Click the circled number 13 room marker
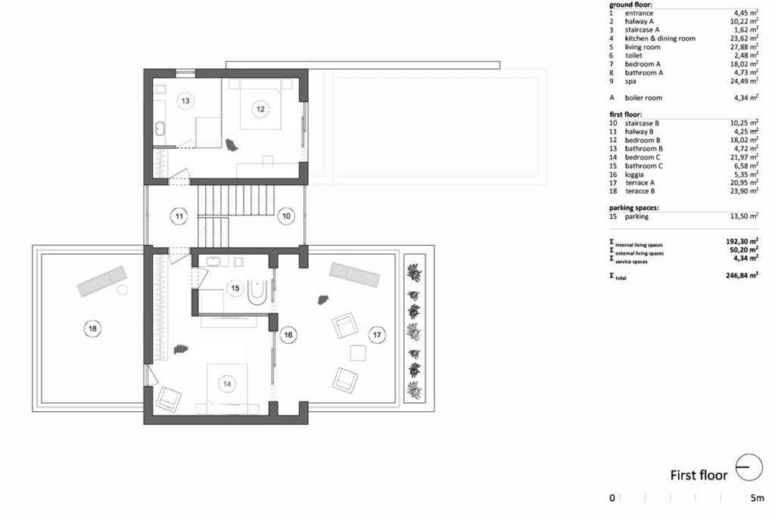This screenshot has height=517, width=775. (185, 101)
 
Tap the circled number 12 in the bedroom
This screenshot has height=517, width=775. (260, 109)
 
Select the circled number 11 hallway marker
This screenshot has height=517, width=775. (179, 216)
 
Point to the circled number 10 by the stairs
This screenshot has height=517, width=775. (286, 215)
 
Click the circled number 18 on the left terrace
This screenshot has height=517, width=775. (92, 328)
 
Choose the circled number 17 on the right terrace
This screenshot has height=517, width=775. (377, 335)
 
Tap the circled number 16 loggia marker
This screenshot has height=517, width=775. (288, 335)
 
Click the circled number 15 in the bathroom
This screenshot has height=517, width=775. (235, 289)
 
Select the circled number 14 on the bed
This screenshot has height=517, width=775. (227, 384)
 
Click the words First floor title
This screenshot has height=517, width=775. (699, 475)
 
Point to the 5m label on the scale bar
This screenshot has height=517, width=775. (757, 498)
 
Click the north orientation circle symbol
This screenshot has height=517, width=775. (749, 467)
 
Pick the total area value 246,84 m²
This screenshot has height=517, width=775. (742, 276)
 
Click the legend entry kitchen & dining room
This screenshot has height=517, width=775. (660, 39)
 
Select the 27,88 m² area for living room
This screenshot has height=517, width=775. (745, 47)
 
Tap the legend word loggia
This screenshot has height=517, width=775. (634, 175)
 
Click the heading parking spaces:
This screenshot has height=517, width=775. (633, 208)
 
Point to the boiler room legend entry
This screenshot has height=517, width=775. (643, 98)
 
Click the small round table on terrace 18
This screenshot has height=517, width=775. (123, 289)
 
